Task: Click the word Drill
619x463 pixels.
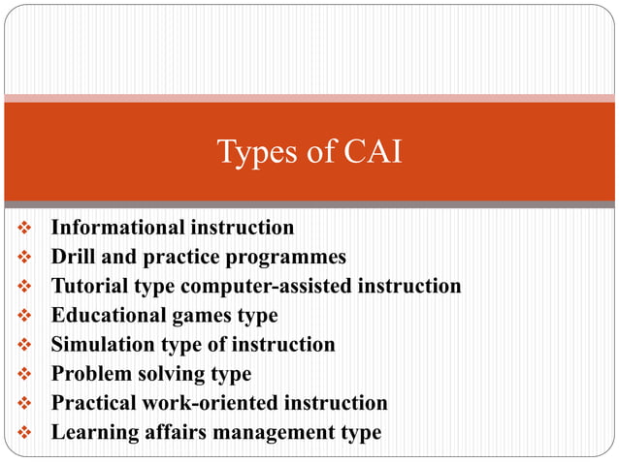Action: point(73,257)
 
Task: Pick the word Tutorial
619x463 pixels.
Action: point(90,286)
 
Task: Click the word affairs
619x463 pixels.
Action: point(173,432)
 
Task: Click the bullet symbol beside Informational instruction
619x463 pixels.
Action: point(25,229)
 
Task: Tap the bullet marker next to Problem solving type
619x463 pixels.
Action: point(25,374)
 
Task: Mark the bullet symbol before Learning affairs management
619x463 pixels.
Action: point(25,432)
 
